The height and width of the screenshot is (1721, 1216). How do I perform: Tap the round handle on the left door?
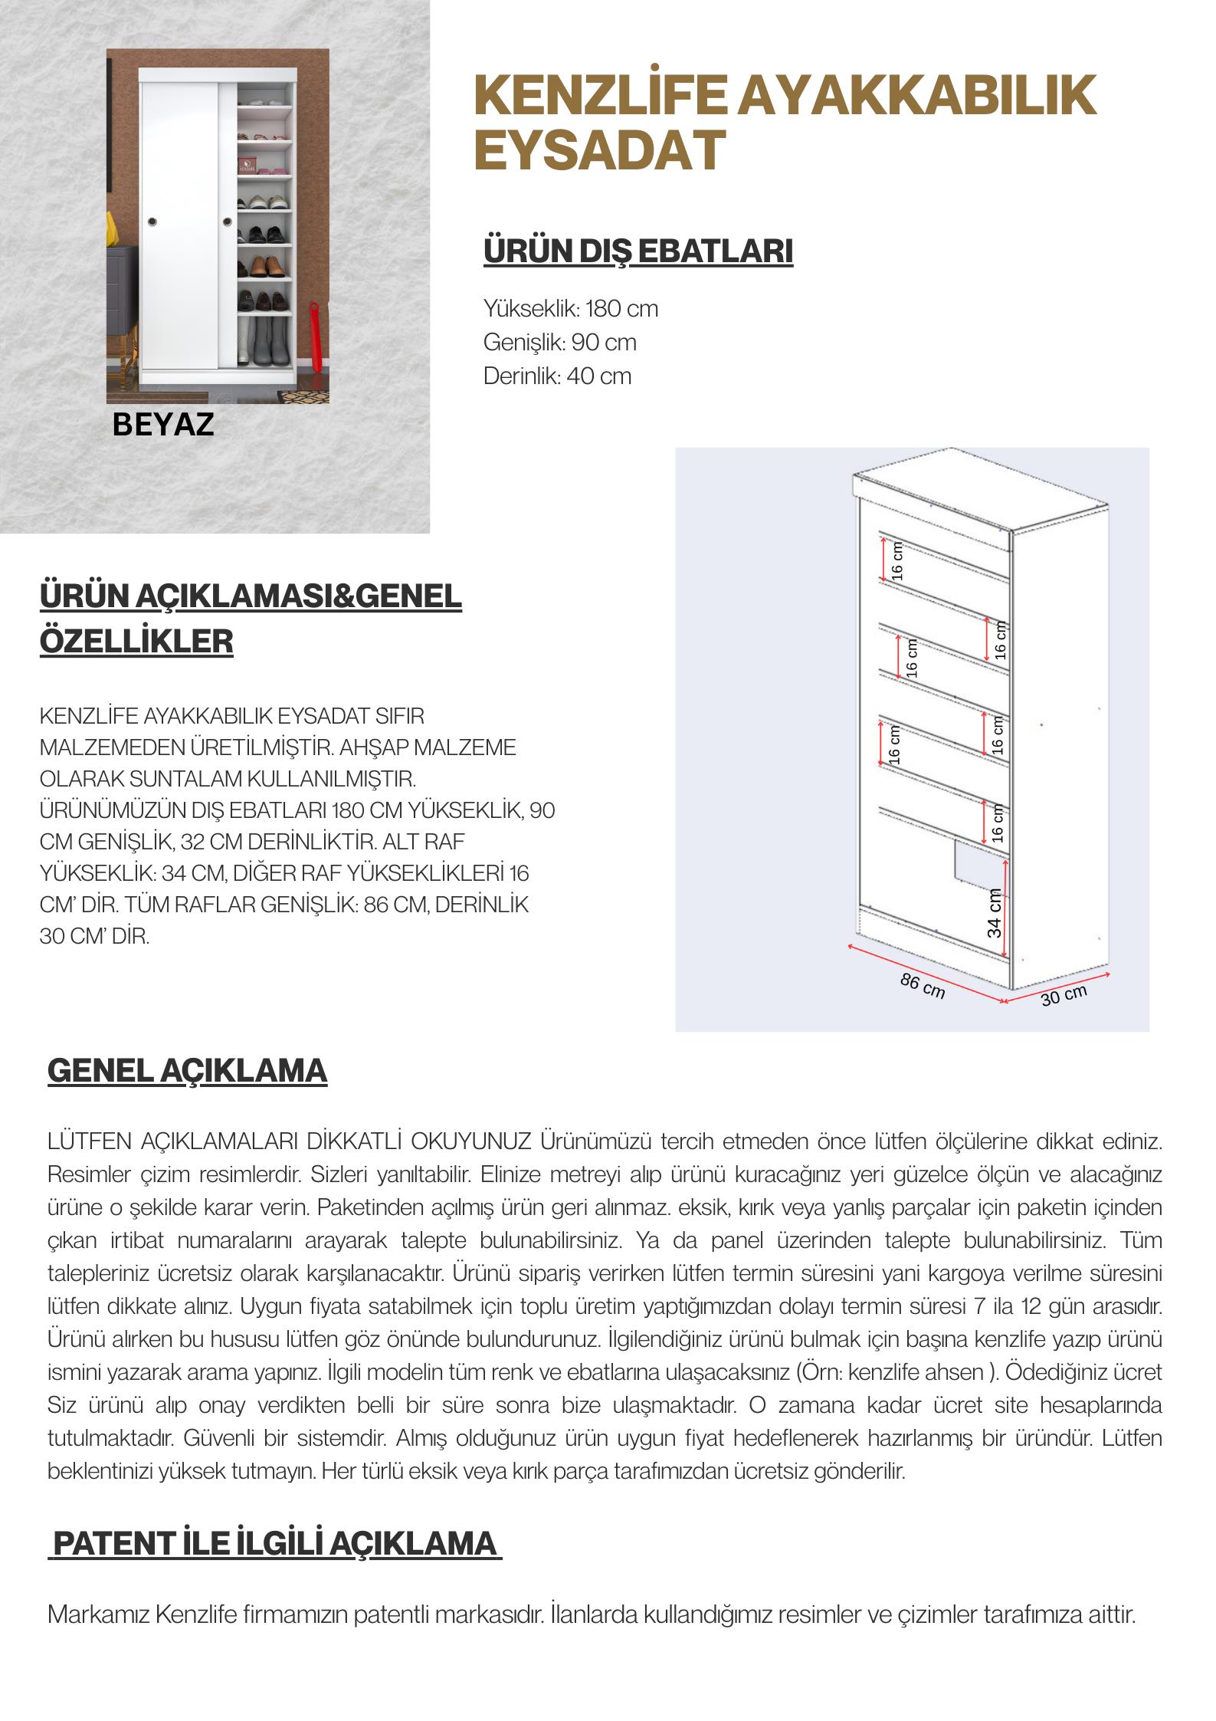(x=152, y=222)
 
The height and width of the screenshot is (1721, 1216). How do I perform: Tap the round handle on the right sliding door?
(x=228, y=222)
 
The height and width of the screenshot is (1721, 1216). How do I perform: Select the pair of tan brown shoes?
(x=264, y=264)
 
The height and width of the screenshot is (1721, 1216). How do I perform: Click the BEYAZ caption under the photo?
(x=162, y=424)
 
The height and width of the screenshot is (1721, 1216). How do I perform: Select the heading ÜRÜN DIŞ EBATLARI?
(x=637, y=251)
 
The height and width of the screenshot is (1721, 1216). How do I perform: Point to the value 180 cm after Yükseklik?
(x=621, y=309)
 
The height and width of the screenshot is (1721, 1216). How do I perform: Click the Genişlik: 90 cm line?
(x=559, y=342)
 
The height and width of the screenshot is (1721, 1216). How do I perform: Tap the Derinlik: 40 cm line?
(x=557, y=376)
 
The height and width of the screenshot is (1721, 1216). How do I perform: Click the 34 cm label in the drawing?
(x=994, y=912)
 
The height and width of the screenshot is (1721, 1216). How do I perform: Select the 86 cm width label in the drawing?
(x=923, y=987)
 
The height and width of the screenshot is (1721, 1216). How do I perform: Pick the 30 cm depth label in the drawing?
(x=1064, y=994)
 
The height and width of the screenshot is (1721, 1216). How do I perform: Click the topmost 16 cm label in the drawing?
(x=898, y=560)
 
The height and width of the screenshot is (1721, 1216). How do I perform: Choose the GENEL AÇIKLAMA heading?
(x=187, y=1071)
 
